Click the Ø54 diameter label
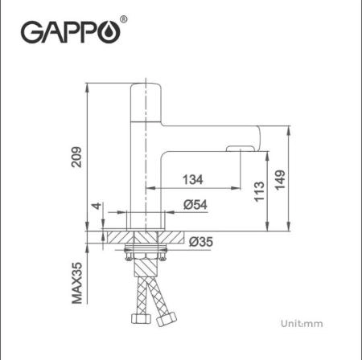click(196, 205)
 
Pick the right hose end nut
click(167, 321)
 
